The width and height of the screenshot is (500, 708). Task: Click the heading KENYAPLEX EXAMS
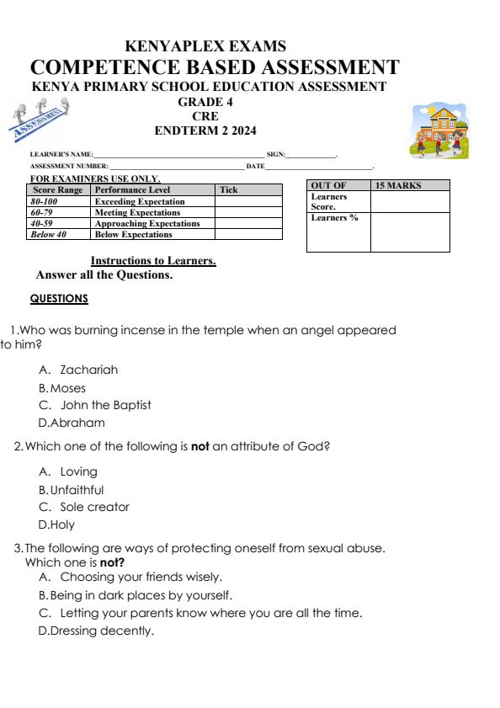(x=205, y=46)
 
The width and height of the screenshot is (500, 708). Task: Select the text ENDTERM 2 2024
(x=205, y=130)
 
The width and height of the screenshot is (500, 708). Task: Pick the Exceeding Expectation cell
(x=140, y=202)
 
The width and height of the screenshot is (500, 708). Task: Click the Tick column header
(x=229, y=190)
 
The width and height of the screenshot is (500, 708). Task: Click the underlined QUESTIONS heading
(x=59, y=299)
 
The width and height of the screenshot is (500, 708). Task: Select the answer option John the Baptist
(x=105, y=405)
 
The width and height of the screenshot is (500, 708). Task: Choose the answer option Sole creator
(x=94, y=507)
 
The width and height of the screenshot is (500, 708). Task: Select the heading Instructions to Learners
(x=153, y=262)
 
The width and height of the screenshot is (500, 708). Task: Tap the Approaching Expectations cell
(x=147, y=224)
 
